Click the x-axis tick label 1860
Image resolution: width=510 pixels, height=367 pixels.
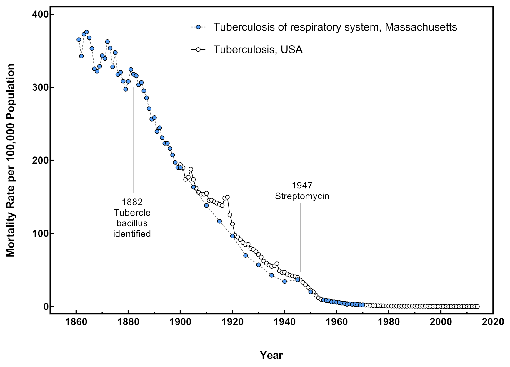pyautogui.click(x=76, y=322)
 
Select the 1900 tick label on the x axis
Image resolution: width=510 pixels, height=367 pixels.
pyautogui.click(x=180, y=322)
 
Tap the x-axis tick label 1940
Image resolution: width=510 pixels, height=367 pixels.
pyautogui.click(x=284, y=322)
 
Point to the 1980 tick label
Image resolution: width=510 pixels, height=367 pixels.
pyautogui.click(x=389, y=322)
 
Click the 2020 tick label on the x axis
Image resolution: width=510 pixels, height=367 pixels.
pyautogui.click(x=493, y=322)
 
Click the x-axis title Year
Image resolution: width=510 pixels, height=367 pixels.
pyautogui.click(x=271, y=355)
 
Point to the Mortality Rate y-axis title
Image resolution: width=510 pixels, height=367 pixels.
pyautogui.click(x=11, y=160)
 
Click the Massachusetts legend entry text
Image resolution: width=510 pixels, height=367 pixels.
pyautogui.click(x=335, y=27)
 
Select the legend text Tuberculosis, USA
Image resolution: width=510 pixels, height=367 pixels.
pyautogui.click(x=258, y=49)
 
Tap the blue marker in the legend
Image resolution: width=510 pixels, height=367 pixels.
pyautogui.click(x=198, y=27)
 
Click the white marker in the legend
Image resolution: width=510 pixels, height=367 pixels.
pyautogui.click(x=198, y=50)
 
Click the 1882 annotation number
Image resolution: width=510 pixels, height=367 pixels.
pyautogui.click(x=132, y=202)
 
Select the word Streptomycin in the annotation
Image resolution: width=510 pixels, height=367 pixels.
pyautogui.click(x=302, y=196)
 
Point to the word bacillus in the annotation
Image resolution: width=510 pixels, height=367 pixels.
pyautogui.click(x=132, y=223)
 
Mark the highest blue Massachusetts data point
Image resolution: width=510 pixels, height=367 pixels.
pyautogui.click(x=86, y=32)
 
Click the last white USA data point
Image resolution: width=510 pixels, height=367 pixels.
pyautogui.click(x=477, y=307)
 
